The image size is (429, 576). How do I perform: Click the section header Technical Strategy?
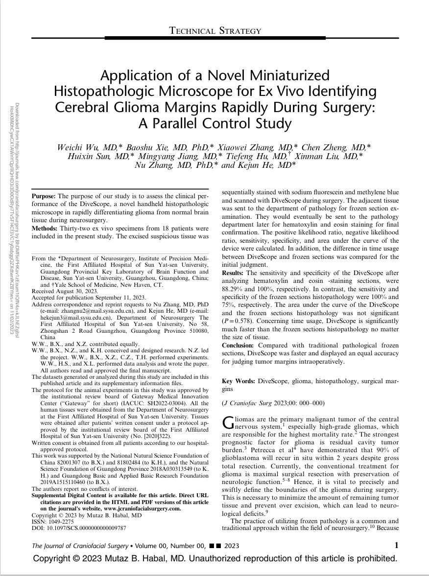214,31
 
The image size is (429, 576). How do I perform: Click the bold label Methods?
45,229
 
